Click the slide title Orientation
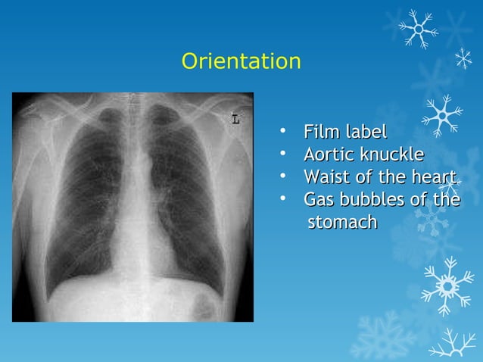point(241,61)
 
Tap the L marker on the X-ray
point(236,119)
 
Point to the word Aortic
point(329,155)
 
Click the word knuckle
point(391,155)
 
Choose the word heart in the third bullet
point(435,178)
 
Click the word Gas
point(318,201)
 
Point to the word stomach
point(342,223)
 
